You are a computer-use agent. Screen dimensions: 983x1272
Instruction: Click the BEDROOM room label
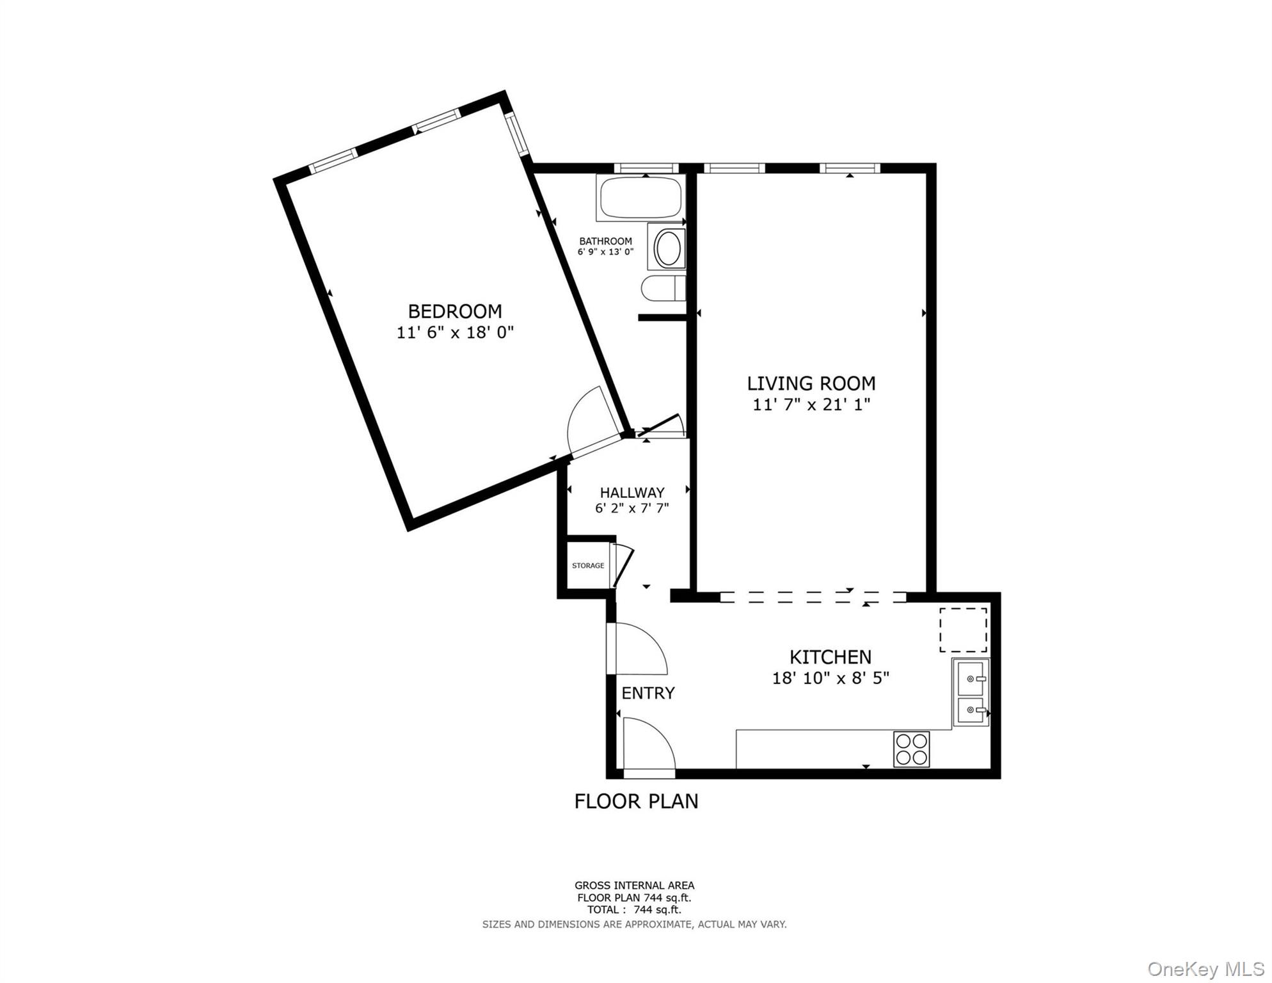(455, 312)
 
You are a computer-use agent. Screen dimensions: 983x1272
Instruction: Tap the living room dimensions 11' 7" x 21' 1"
(811, 404)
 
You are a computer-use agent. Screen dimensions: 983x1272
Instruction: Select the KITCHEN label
(830, 657)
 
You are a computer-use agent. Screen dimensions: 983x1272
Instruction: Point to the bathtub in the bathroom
(640, 196)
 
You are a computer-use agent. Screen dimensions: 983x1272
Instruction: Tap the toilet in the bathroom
(663, 289)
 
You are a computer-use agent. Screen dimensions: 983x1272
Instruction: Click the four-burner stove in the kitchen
(911, 749)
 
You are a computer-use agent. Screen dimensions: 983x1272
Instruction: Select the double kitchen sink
(971, 693)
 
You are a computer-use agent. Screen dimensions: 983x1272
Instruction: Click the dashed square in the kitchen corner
(963, 630)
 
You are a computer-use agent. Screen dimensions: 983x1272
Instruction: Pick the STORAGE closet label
(587, 566)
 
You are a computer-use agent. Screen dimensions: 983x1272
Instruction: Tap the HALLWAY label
(632, 493)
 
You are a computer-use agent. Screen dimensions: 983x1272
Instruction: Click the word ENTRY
(648, 693)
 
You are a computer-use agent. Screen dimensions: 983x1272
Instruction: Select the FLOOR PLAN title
(636, 801)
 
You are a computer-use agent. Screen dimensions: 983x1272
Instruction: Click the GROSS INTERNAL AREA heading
(634, 886)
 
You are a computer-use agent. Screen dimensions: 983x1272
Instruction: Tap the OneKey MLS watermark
(1205, 969)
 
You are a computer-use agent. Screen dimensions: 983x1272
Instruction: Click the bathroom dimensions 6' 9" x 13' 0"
(605, 252)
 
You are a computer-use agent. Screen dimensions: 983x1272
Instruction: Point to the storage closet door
(623, 566)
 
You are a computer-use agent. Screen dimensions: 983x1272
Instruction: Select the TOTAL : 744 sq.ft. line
(634, 909)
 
